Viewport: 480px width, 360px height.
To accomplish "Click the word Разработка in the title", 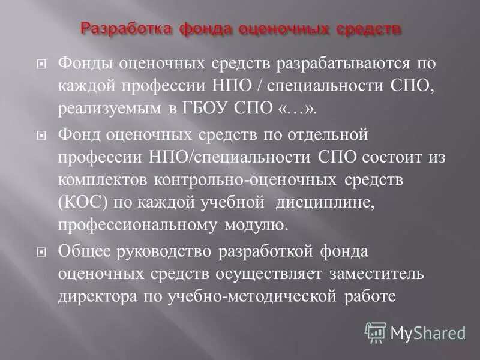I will pos(118,28).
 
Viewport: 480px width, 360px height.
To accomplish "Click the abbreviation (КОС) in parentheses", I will pos(83,202).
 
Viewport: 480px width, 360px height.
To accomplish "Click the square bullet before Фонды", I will pos(41,64).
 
